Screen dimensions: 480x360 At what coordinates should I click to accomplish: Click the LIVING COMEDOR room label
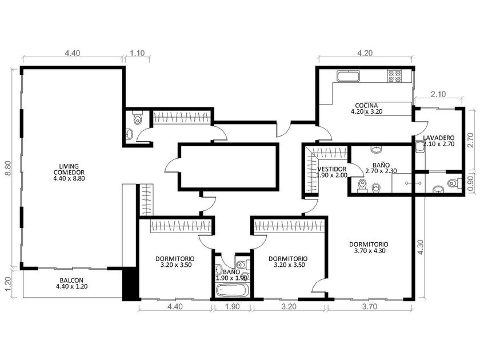[69, 173]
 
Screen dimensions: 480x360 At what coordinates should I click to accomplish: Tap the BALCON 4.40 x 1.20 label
[71, 283]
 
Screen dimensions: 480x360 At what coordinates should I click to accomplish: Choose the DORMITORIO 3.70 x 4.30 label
[369, 247]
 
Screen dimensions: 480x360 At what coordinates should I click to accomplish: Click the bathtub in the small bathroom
[231, 290]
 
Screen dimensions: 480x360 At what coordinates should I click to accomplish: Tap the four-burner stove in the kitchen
[395, 76]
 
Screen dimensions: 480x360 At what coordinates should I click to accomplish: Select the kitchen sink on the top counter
[349, 76]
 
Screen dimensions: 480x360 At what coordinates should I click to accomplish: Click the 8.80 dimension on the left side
[8, 168]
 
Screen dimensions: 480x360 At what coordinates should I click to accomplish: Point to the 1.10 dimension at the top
[137, 53]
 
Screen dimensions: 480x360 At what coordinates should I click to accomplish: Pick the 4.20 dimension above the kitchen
[365, 53]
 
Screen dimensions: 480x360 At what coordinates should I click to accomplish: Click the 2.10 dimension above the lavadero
[438, 94]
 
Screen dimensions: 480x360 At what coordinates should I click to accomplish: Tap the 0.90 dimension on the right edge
[471, 185]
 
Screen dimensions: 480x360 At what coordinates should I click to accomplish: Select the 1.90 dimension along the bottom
[232, 306]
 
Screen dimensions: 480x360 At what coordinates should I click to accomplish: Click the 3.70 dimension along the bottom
[370, 306]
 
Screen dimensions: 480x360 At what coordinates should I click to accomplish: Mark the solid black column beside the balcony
[131, 284]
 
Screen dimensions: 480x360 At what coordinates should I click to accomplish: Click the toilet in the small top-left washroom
[138, 118]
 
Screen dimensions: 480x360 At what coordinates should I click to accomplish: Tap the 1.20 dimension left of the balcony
[8, 284]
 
